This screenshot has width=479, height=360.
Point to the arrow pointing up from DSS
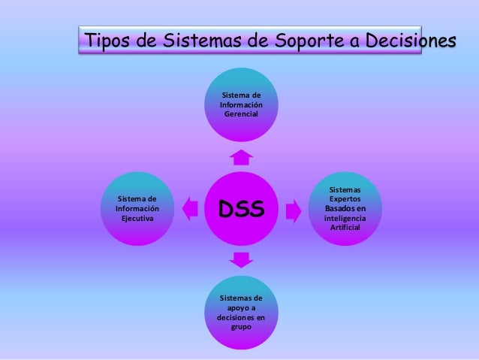(242, 157)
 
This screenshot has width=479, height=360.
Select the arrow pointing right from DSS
(294, 207)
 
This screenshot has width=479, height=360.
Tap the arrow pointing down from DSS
(242, 260)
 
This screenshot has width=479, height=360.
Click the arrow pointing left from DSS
(190, 207)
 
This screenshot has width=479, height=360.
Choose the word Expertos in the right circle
(345, 198)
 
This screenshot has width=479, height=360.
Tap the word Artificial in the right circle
(345, 228)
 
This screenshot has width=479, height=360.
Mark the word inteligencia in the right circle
(345, 218)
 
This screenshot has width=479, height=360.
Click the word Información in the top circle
(241, 106)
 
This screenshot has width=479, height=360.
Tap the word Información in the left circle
(137, 208)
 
